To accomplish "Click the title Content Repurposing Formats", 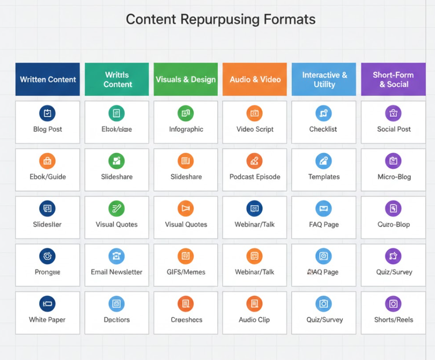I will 221,19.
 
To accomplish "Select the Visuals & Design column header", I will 186,80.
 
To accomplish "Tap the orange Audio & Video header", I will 255,80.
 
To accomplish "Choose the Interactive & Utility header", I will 324,80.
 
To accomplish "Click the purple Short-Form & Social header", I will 394,80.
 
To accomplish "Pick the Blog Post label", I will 47,129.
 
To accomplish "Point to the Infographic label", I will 186,129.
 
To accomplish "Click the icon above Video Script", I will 254,113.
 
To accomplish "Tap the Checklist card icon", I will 324,113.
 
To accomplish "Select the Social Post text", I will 394,129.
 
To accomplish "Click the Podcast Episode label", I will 254,177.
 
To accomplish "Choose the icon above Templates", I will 324,161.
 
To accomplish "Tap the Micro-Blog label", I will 394,177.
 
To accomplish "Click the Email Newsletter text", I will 117,272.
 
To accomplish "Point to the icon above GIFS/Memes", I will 186,256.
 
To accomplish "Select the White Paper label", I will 47,320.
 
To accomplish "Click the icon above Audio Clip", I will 254,304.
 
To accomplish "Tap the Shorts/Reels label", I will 394,320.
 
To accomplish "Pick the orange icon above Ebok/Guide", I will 47,161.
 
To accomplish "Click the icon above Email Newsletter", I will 117,256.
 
